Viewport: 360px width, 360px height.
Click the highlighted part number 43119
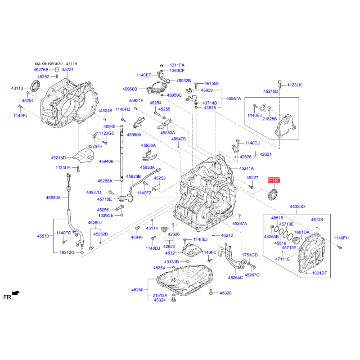click(x=274, y=180)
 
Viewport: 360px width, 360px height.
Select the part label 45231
click(x=68, y=69)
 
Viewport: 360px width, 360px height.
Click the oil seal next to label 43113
click(x=35, y=85)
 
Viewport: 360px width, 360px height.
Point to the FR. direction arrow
click(x=16, y=293)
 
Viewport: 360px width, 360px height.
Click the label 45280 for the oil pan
click(x=137, y=290)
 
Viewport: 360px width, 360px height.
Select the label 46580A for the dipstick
click(x=53, y=198)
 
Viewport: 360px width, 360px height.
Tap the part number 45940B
click(x=106, y=161)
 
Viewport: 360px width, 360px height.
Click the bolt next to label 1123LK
click(x=279, y=84)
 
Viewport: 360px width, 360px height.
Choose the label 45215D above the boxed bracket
click(x=270, y=91)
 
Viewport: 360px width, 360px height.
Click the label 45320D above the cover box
click(x=297, y=207)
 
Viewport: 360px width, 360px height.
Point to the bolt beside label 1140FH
click(x=340, y=247)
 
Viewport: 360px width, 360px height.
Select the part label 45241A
click(x=246, y=168)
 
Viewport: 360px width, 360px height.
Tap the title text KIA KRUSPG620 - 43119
click(x=56, y=64)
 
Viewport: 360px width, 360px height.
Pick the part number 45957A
click(x=234, y=99)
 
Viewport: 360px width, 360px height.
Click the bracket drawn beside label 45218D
click(x=83, y=155)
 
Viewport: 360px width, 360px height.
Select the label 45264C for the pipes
click(x=235, y=278)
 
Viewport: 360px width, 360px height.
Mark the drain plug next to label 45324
click(x=174, y=299)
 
